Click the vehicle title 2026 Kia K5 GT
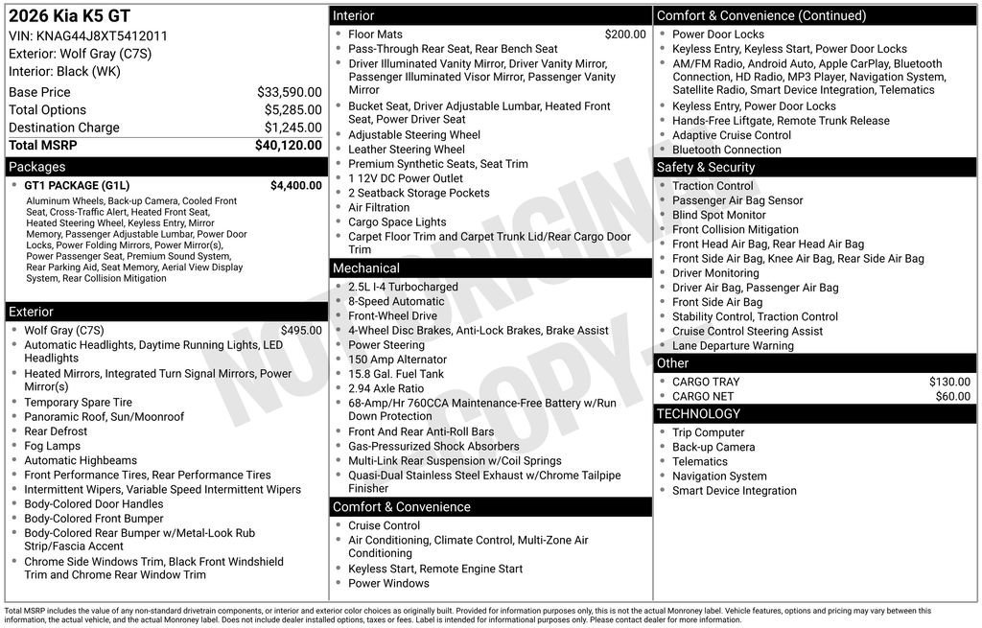pyautogui.click(x=69, y=16)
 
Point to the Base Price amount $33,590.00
pyautogui.click(x=289, y=92)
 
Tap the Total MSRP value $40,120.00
pyautogui.click(x=288, y=145)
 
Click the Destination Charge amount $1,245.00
pyautogui.click(x=292, y=128)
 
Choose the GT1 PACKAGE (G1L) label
pyautogui.click(x=77, y=185)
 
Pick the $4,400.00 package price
pyautogui.click(x=295, y=185)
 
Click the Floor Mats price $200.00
pyautogui.click(x=624, y=34)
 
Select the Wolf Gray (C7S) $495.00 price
pyautogui.click(x=301, y=330)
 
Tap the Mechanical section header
pyautogui.click(x=366, y=268)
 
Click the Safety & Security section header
pyautogui.click(x=706, y=167)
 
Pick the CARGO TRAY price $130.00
pyautogui.click(x=949, y=382)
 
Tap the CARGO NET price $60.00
pyautogui.click(x=952, y=396)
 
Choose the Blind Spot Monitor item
pyautogui.click(x=719, y=215)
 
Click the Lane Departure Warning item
pyautogui.click(x=733, y=345)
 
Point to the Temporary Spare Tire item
pyautogui.click(x=79, y=403)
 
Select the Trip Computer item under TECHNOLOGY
pyautogui.click(x=708, y=432)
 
